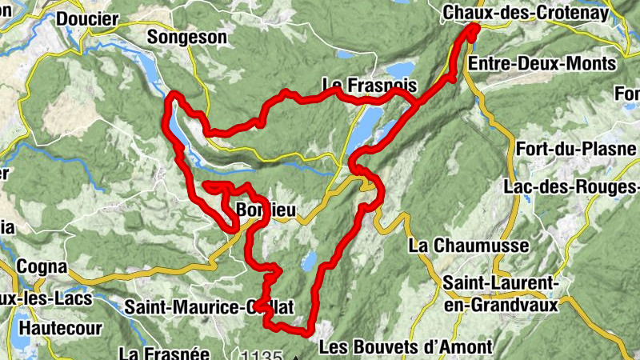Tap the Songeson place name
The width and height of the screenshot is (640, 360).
click(x=187, y=37)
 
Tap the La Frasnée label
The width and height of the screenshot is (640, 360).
click(x=163, y=352)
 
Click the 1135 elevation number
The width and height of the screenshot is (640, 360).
click(x=261, y=355)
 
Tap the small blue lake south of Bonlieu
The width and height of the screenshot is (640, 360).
click(x=308, y=261)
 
